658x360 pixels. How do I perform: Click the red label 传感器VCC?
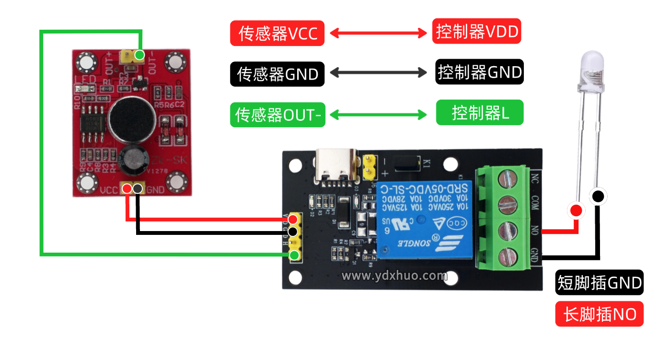pyautogui.click(x=277, y=33)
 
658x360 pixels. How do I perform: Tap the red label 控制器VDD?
pyautogui.click(x=476, y=32)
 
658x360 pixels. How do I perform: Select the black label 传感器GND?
pyautogui.click(x=277, y=74)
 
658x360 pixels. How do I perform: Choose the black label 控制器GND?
pyautogui.click(x=479, y=72)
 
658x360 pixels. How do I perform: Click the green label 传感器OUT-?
pyautogui.click(x=277, y=115)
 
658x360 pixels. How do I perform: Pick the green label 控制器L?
pyautogui.click(x=479, y=113)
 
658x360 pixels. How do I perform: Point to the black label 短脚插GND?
pyautogui.click(x=599, y=283)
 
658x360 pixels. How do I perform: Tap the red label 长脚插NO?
pyautogui.click(x=599, y=314)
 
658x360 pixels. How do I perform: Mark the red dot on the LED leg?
pyautogui.click(x=576, y=210)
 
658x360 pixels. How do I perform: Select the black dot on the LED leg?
pyautogui.click(x=598, y=196)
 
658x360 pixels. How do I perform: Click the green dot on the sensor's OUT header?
pyautogui.click(x=139, y=55)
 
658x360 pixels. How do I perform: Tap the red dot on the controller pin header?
pyautogui.click(x=293, y=220)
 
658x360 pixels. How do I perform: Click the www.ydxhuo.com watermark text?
pyautogui.click(x=394, y=276)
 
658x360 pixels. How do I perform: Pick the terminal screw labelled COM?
pyautogui.click(x=508, y=205)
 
